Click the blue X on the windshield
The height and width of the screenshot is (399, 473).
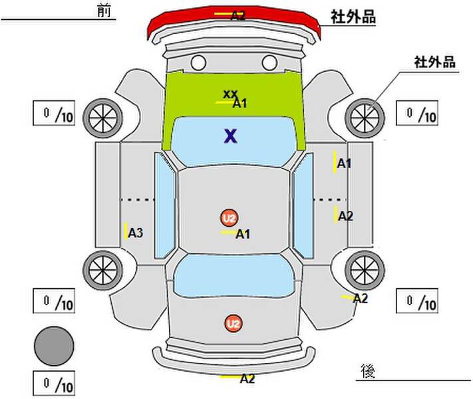pos(231,136)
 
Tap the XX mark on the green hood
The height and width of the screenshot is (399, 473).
pos(230,94)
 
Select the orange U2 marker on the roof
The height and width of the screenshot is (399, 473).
pos(230,217)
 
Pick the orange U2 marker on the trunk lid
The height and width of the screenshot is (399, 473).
pos(234,324)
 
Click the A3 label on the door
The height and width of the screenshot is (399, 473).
pos(136,233)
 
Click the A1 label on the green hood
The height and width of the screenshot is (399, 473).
pos(239,104)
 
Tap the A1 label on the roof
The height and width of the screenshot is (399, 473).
pos(243,234)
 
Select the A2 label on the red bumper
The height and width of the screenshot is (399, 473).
pos(237,15)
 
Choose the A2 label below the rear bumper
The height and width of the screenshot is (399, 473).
pos(247,378)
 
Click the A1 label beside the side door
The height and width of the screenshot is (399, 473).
pos(344,164)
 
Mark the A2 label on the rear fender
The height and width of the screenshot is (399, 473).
pos(361,299)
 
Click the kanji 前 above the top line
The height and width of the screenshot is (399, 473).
pos(104,11)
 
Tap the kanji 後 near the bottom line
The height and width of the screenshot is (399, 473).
pos(368,371)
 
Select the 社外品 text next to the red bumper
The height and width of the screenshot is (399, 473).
pos(353,17)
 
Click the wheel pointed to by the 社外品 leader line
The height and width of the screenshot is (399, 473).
pos(365,118)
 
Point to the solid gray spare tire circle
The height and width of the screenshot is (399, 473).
pos(54,346)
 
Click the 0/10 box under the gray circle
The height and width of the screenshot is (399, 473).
pos(54,383)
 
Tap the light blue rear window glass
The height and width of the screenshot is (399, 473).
pos(234,275)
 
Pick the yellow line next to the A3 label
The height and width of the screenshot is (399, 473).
pos(126,231)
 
